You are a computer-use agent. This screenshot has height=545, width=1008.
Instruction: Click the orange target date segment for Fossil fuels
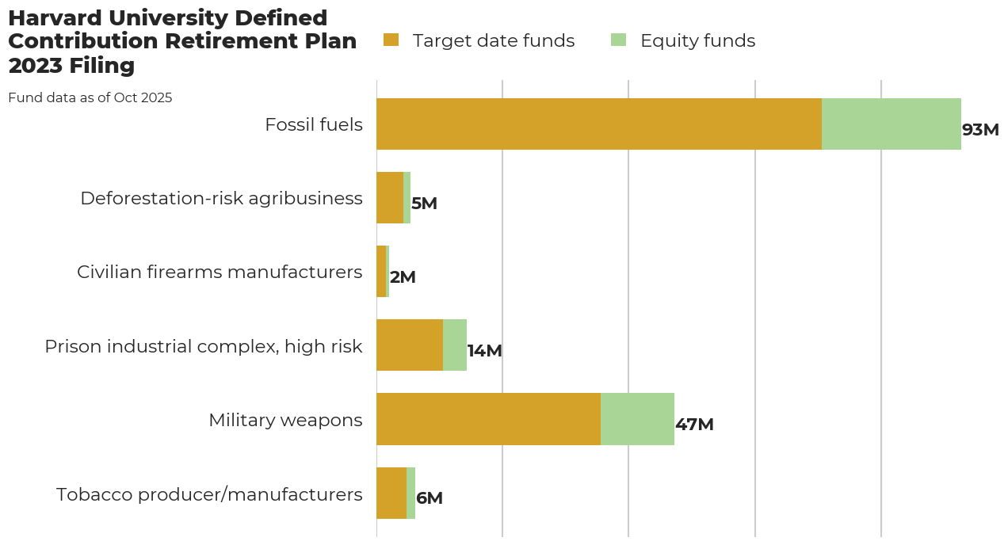point(598,124)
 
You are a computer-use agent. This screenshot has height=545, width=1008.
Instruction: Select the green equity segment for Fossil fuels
point(891,124)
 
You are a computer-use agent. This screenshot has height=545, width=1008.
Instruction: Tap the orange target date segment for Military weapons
point(488,419)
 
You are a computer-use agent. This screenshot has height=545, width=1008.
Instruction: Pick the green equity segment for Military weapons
point(637,419)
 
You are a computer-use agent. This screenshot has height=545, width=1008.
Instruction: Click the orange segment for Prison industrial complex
point(409,345)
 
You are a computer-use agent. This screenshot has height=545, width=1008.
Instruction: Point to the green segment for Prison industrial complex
point(455,345)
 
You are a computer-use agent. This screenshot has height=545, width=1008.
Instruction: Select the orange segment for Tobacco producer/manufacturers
point(391,493)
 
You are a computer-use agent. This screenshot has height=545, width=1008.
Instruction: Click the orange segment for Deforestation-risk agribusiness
point(390,198)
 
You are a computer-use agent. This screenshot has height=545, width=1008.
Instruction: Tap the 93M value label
point(980,130)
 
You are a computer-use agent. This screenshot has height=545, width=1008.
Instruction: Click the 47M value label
point(694,425)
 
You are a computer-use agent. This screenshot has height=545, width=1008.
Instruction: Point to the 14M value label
point(484,351)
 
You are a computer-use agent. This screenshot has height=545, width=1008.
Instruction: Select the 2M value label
point(403,277)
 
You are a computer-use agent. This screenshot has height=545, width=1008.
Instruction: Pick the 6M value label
point(430,498)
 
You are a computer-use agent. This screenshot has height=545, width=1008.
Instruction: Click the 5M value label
point(424,204)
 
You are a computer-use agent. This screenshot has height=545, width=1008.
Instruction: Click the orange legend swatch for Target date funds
point(391,40)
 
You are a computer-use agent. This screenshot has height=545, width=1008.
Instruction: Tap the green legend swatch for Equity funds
point(619,40)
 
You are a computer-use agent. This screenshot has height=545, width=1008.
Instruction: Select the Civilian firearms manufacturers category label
point(220,272)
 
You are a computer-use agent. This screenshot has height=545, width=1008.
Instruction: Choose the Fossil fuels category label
point(314,124)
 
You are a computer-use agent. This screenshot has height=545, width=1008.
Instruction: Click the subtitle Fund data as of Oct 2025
point(90,98)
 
